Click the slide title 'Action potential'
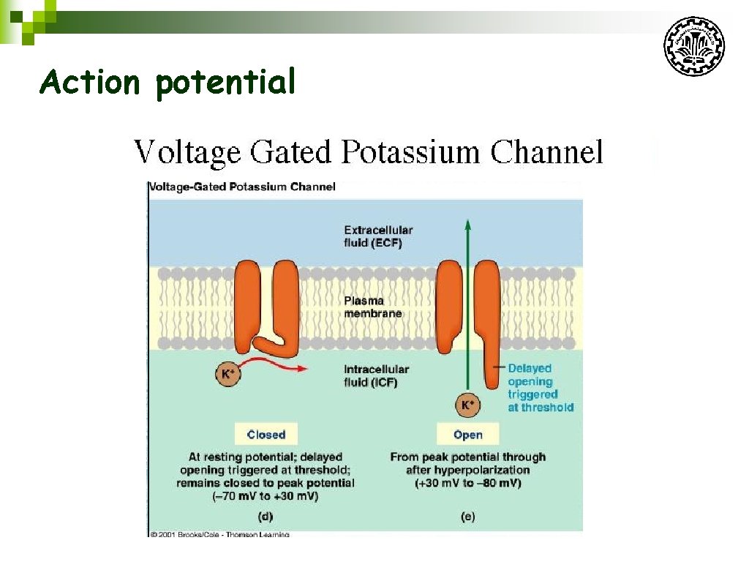(x=168, y=81)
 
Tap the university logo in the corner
(x=693, y=47)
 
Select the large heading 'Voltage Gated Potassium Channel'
(x=368, y=152)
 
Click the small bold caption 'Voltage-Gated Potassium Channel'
(x=243, y=187)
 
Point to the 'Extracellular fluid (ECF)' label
(x=377, y=236)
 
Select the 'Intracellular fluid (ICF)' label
(x=376, y=375)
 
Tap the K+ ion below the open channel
(x=466, y=404)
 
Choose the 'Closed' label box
(x=266, y=434)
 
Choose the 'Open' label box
(x=467, y=434)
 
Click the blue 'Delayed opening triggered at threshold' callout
(x=540, y=388)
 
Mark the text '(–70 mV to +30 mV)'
(x=266, y=496)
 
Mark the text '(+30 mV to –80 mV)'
(x=467, y=483)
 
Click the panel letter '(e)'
(x=467, y=516)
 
